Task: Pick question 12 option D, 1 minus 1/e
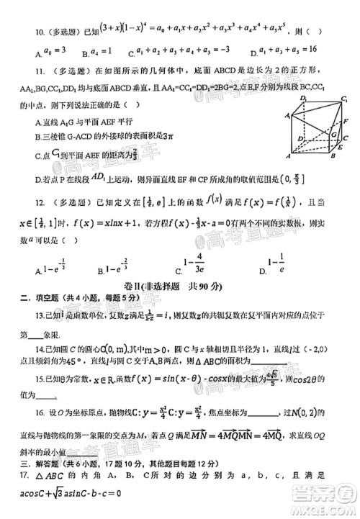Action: pos(277,269)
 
